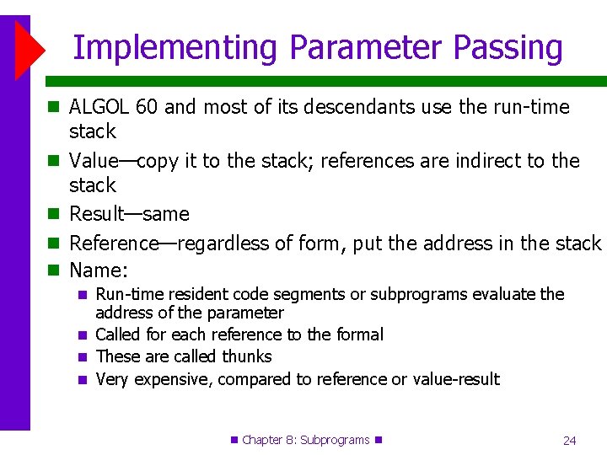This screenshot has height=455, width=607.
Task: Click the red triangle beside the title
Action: pos(30,47)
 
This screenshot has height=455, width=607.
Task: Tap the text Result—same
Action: pos(129,215)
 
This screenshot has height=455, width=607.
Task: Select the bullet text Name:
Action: pos(99,271)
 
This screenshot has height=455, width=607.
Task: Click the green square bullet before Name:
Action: pos(56,271)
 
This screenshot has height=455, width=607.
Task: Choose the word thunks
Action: pos(247,356)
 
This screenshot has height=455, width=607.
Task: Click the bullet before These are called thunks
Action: pos(82,357)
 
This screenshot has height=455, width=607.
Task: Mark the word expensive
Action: pos(174,380)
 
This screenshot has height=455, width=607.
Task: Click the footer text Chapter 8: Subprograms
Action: pos(305,440)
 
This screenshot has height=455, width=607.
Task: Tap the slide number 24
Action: pos(569,440)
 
